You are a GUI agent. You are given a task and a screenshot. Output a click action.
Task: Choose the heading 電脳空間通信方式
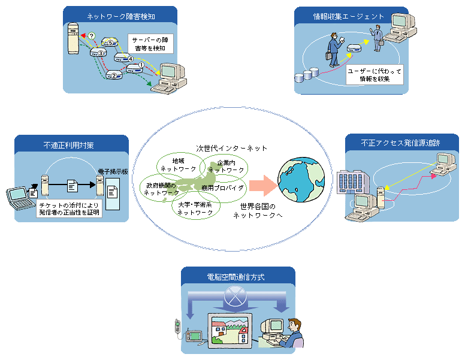click(x=238, y=277)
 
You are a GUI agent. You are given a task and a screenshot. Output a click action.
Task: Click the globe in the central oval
click(x=301, y=182)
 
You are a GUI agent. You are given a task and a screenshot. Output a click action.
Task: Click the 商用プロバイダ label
click(x=222, y=188)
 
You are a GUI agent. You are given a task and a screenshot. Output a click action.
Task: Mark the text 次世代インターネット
click(x=231, y=148)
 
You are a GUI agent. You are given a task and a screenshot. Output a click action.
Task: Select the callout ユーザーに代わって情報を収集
click(x=375, y=75)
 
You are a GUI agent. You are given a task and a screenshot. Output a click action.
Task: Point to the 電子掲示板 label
click(x=112, y=170)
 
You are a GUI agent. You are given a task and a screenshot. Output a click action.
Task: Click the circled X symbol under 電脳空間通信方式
click(x=238, y=295)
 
